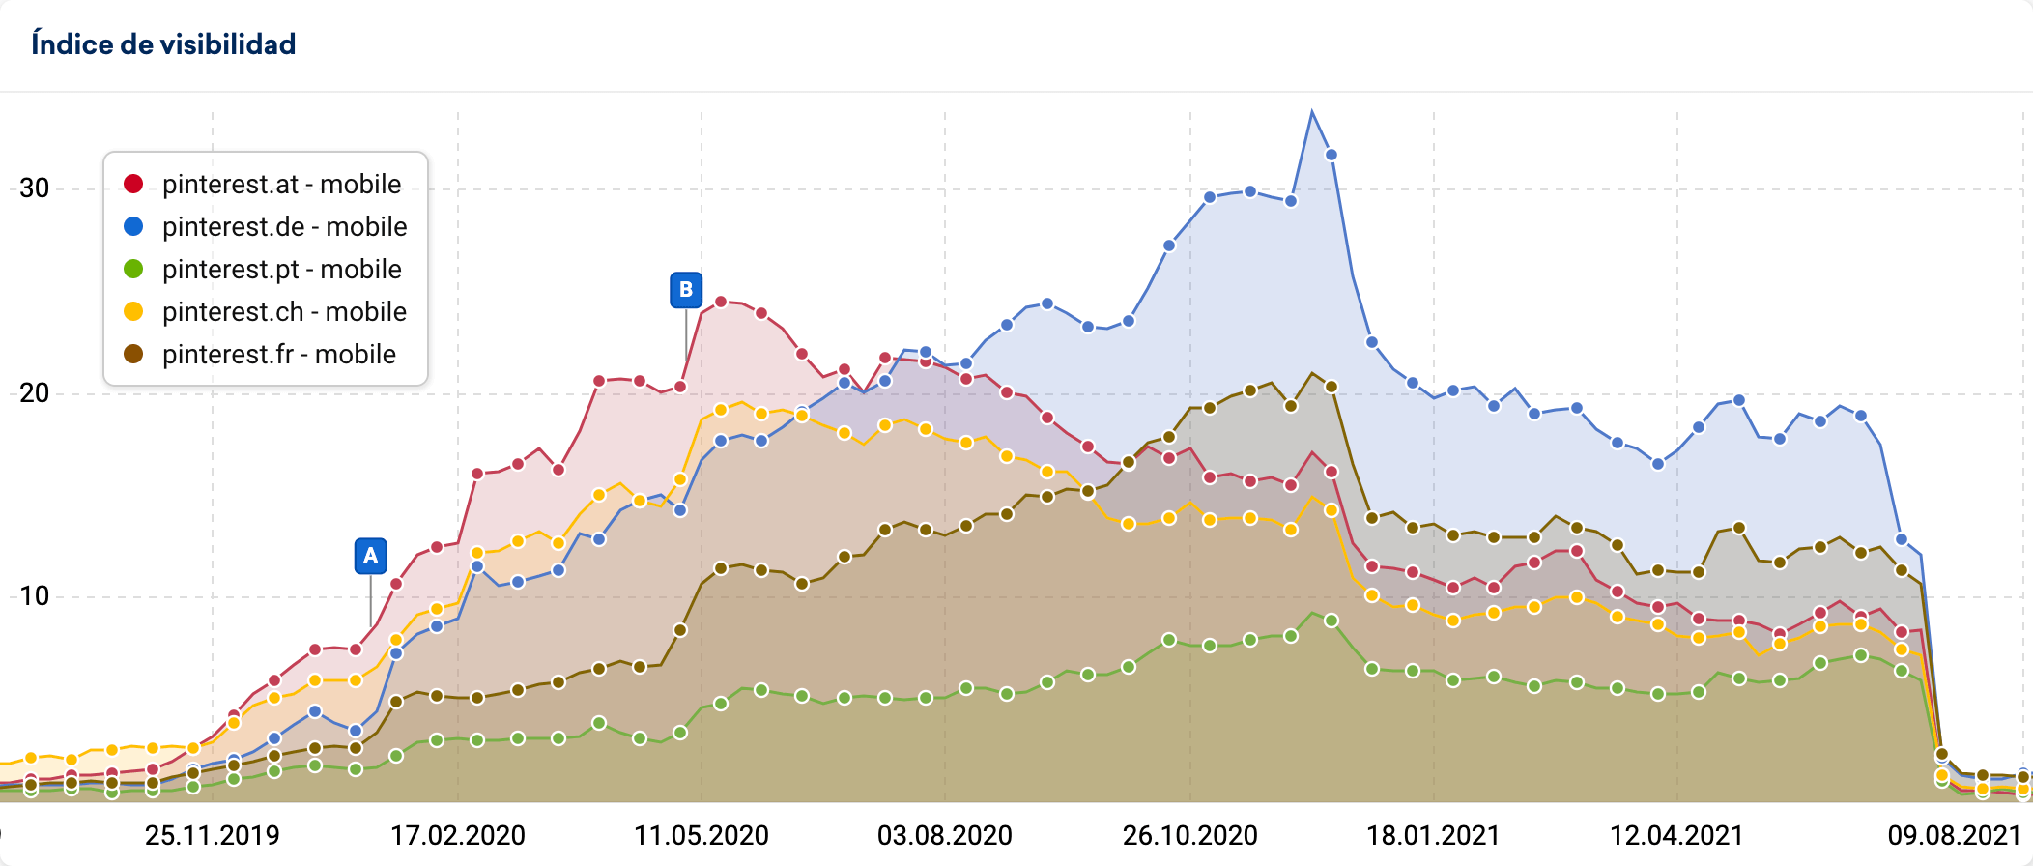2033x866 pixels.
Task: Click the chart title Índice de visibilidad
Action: [x=163, y=44]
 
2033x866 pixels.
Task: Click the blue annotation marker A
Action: [x=370, y=556]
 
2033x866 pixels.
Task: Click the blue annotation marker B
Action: [x=686, y=289]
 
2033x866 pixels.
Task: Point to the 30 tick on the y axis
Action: [x=35, y=188]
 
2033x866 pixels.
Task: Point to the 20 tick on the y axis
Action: [x=35, y=393]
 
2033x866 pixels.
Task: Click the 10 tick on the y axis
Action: [x=35, y=596]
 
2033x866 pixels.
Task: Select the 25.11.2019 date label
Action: [x=212, y=835]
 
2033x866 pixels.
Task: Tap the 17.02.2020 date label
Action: [x=457, y=835]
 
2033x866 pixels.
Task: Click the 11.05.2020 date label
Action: [x=701, y=835]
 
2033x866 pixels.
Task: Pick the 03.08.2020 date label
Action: [x=944, y=835]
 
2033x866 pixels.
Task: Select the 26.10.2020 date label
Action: [x=1189, y=835]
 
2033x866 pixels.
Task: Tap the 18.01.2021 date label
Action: [x=1433, y=835]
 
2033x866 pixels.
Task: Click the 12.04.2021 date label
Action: [x=1676, y=835]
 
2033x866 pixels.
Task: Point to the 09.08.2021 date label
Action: [x=1954, y=835]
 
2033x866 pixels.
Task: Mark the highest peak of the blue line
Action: [x=1311, y=112]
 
